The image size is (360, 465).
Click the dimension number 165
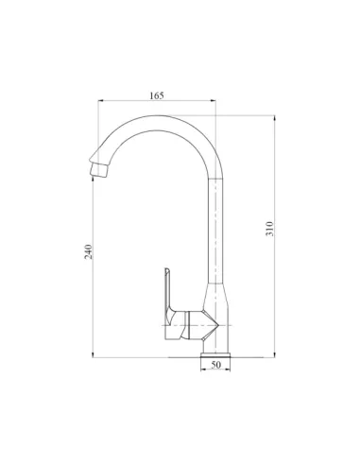[x=157, y=95]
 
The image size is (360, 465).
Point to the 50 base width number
[x=215, y=365]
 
